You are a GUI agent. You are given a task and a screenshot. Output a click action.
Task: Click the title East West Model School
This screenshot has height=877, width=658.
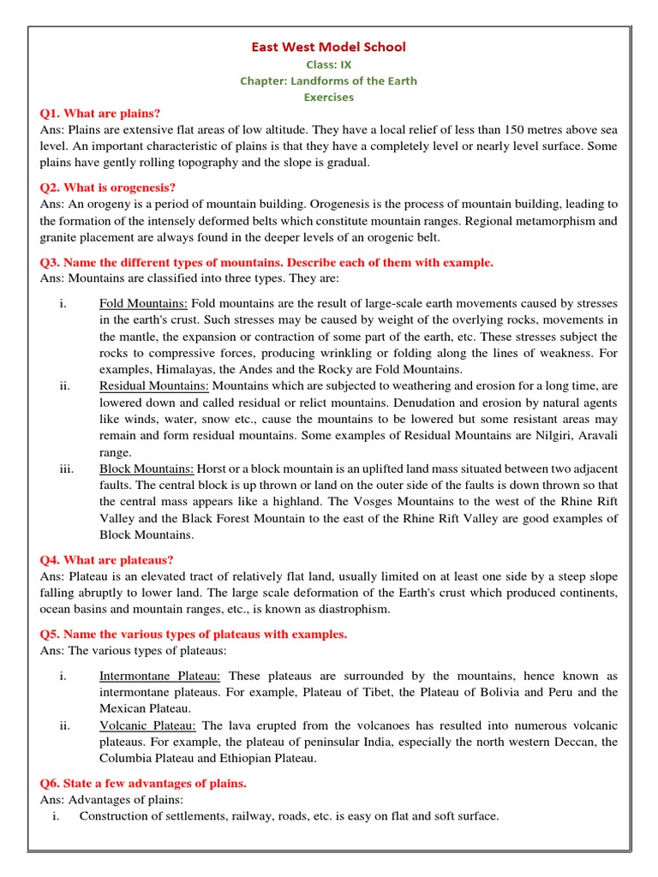pos(328,47)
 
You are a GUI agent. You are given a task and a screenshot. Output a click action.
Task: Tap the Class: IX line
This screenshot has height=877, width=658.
pos(328,64)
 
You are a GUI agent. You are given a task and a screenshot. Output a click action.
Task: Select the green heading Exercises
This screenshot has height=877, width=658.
pos(328,97)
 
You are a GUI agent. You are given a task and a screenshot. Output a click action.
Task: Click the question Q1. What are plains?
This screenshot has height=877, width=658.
pos(100,113)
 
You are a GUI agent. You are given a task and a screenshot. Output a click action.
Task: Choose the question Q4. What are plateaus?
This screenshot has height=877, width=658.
pos(107,560)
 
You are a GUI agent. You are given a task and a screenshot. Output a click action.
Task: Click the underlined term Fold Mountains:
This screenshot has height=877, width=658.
pos(144,303)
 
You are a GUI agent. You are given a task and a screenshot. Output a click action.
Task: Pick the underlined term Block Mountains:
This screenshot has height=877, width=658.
pos(147,469)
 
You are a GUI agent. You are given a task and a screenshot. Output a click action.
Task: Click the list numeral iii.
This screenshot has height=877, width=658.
pos(65,469)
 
